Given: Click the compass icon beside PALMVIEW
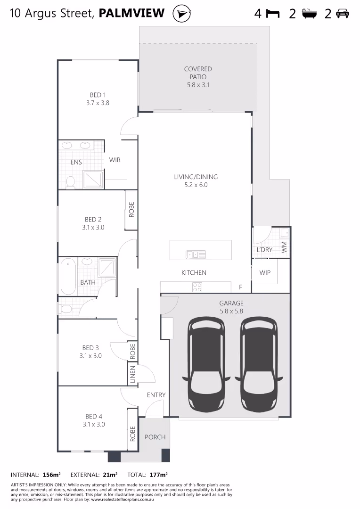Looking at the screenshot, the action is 182,14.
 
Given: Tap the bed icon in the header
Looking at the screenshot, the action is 273,14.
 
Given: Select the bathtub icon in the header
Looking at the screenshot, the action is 309,14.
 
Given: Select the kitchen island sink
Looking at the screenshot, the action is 196,254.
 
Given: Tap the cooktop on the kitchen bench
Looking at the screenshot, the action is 197,287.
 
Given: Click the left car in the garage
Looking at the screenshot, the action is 206,363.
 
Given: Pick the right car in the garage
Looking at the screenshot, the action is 259,363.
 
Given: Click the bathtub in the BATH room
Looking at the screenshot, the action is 68,276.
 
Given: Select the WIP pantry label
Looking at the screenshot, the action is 265,273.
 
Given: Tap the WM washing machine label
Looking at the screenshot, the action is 284,247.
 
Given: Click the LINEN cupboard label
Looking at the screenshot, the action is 132,374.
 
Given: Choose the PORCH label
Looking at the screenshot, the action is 155,437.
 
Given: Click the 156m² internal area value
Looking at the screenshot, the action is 51,475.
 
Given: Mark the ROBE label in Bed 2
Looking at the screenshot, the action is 131,210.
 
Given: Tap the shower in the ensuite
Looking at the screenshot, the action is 93,179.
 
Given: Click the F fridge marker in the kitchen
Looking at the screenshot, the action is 240,287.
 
